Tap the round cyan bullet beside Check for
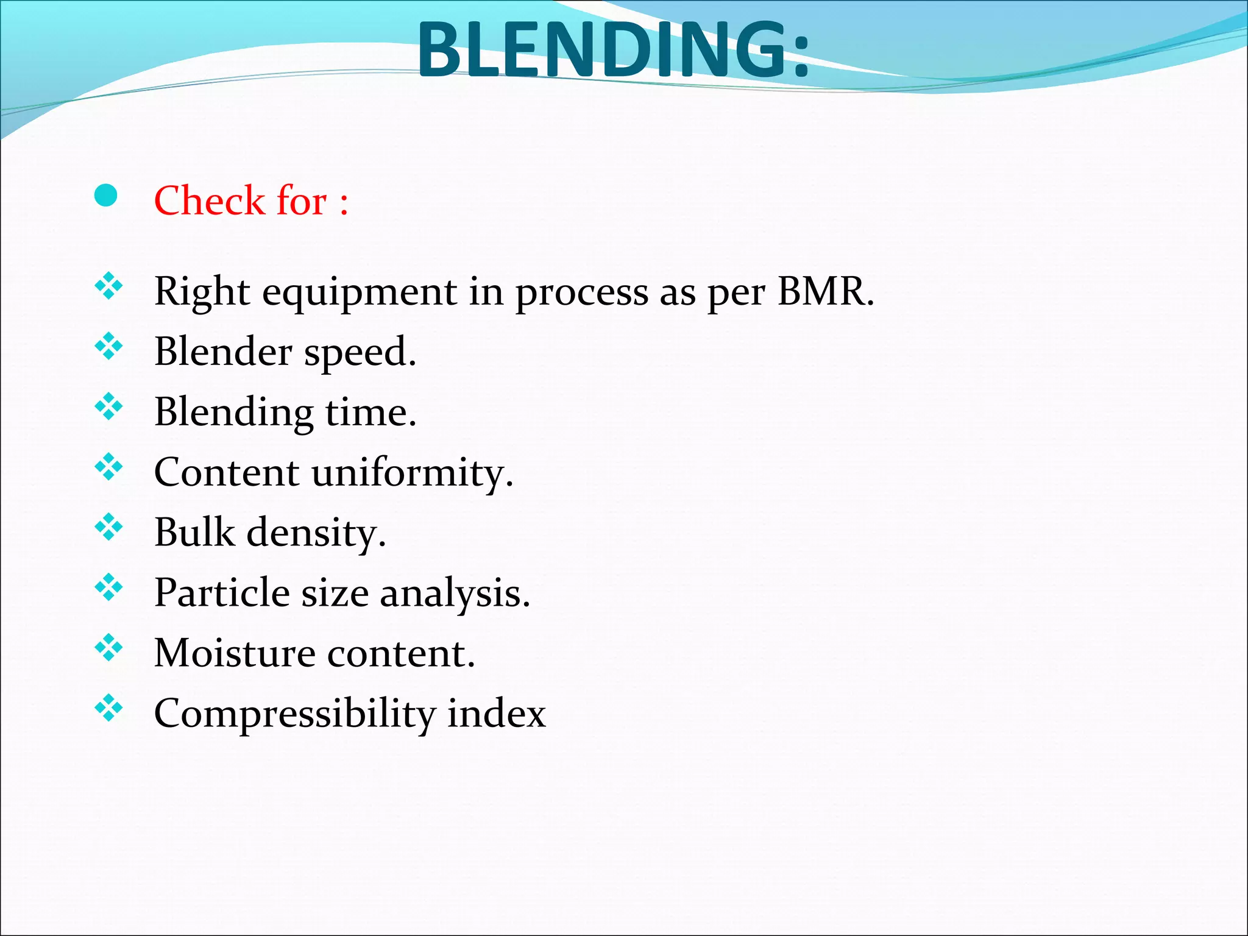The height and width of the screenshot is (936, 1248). coord(106,196)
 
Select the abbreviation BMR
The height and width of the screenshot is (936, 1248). coord(824,291)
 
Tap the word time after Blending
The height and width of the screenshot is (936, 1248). coord(370,413)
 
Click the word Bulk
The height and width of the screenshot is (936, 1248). coord(194,532)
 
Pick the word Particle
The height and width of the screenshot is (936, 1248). coord(222,592)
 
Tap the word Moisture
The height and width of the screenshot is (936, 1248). coord(235,653)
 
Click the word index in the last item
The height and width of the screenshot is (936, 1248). coord(496,713)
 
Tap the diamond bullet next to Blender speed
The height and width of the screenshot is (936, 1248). coord(109,346)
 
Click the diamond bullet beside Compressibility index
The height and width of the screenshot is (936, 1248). coord(109,707)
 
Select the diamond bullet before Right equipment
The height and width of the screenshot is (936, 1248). coord(109,286)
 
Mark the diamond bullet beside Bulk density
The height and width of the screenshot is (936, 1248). coord(109,526)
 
